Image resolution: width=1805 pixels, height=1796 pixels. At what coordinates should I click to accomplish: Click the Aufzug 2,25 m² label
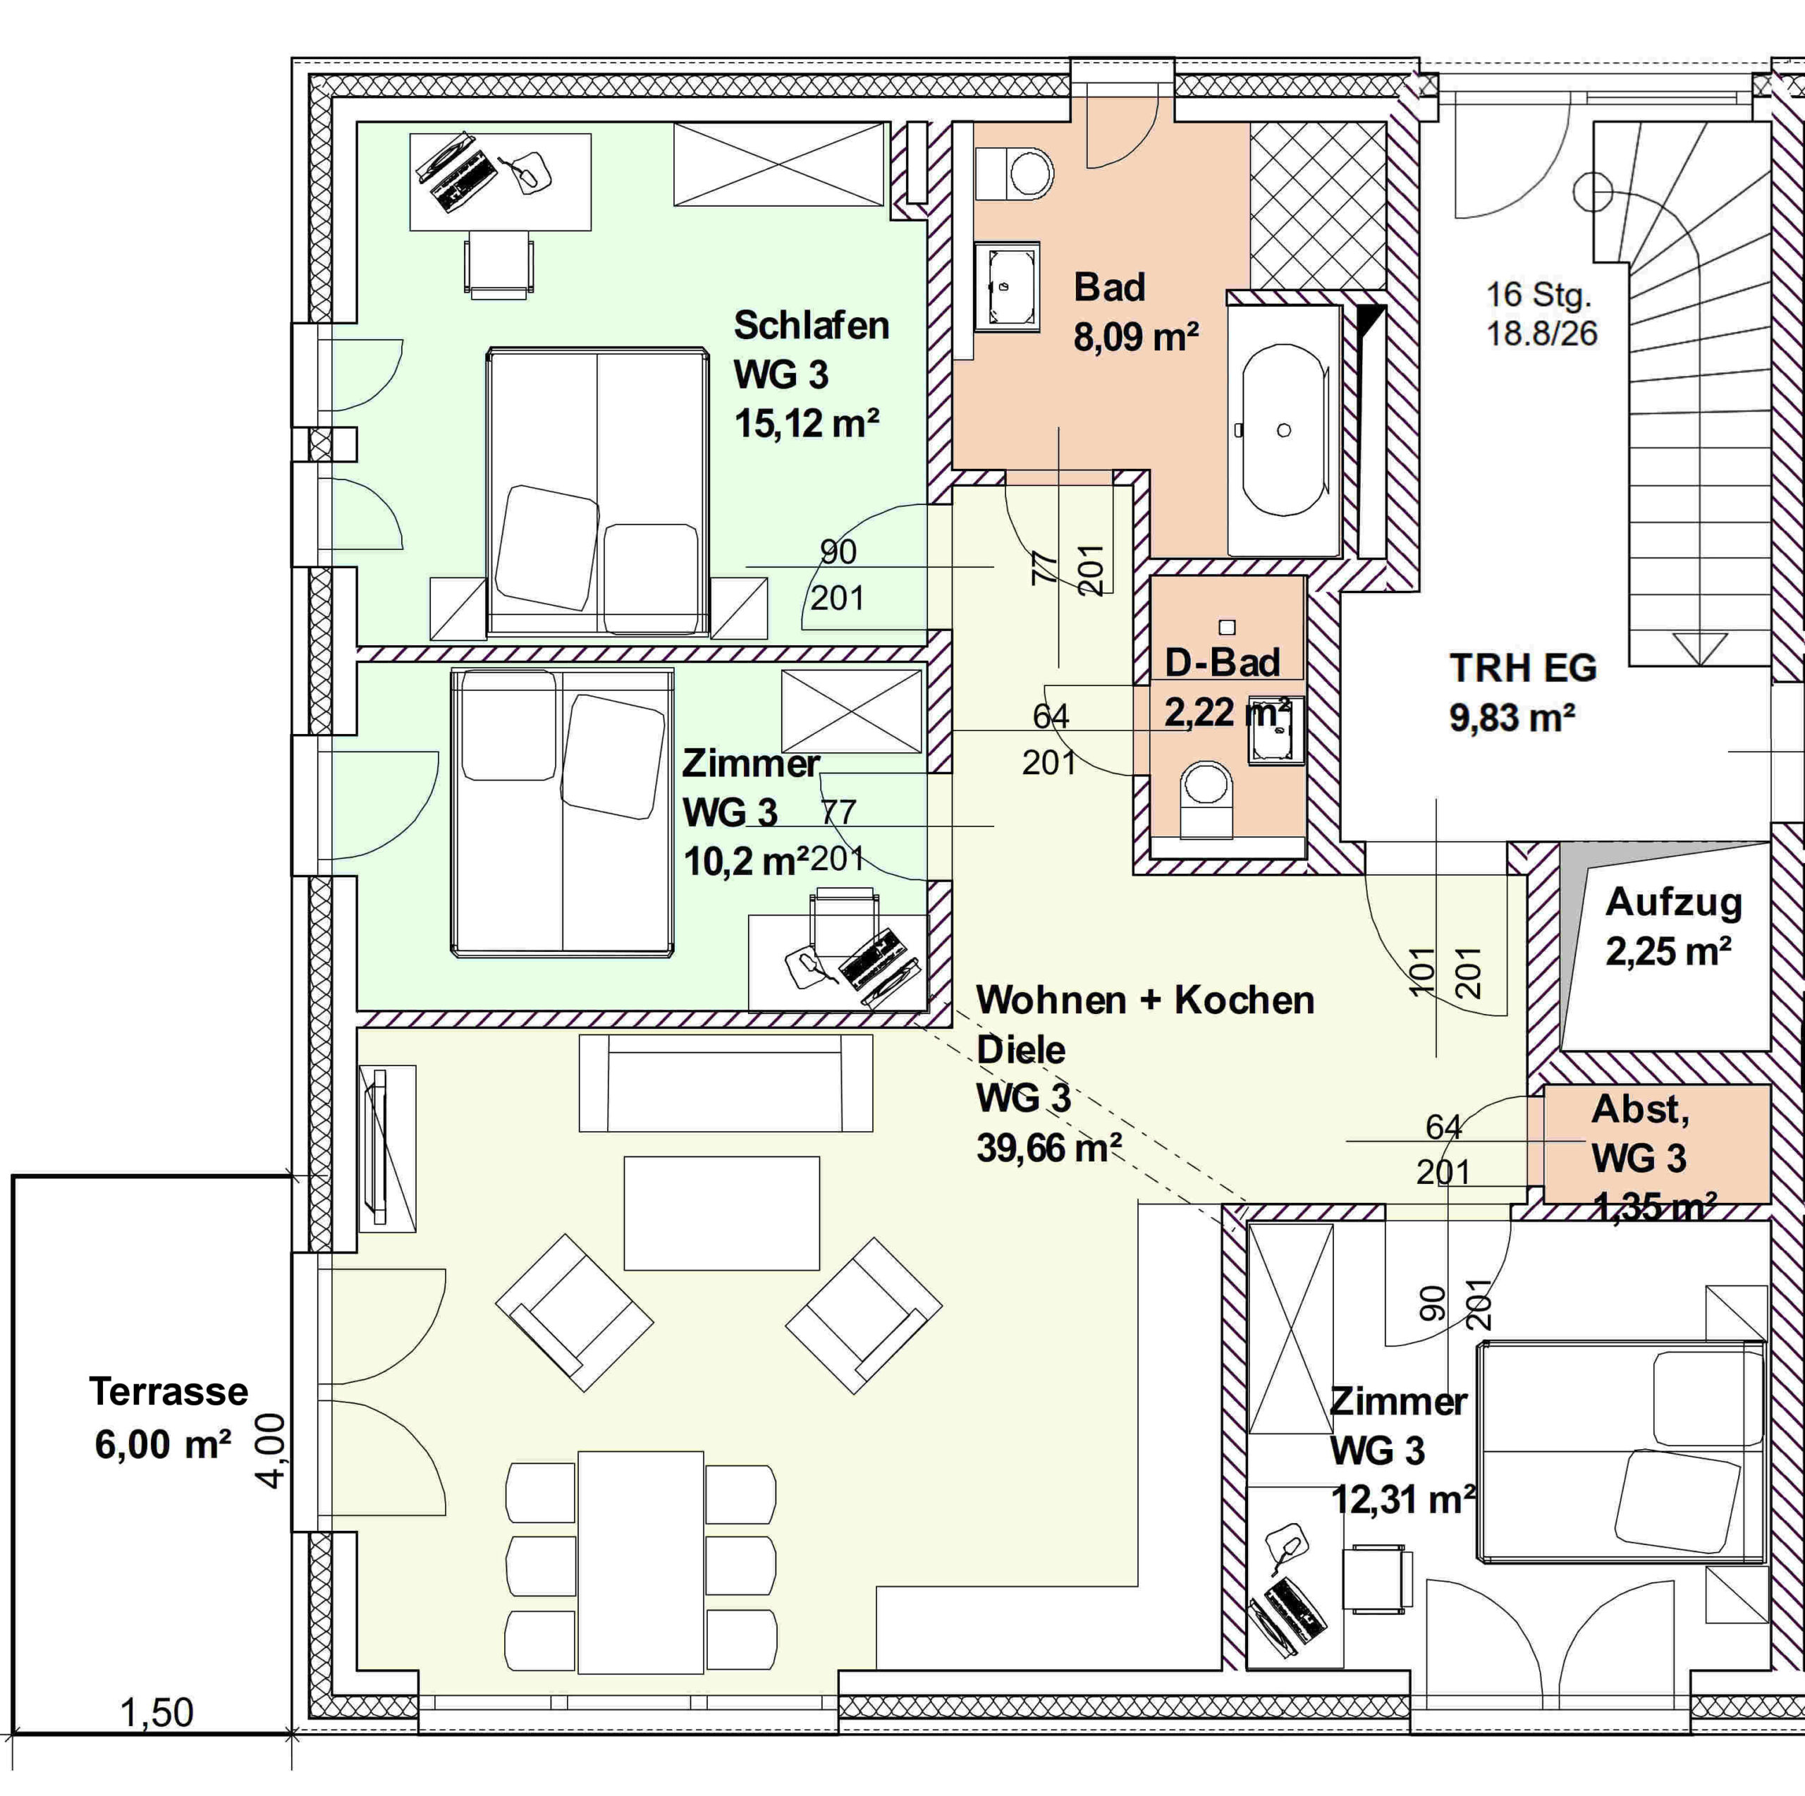(x=1672, y=926)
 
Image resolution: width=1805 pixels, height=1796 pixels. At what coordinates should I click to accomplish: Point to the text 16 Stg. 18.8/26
(x=1541, y=314)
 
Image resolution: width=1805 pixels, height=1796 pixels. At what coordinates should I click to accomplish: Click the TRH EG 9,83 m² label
(x=1522, y=692)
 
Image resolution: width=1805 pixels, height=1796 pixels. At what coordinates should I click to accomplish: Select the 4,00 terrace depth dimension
(x=271, y=1451)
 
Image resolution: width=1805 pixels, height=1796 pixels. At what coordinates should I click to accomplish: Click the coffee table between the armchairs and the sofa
(x=721, y=1213)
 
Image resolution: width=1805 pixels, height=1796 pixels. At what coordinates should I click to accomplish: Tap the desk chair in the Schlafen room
(x=499, y=264)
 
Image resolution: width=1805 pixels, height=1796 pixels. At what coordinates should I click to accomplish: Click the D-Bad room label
(x=1221, y=664)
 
